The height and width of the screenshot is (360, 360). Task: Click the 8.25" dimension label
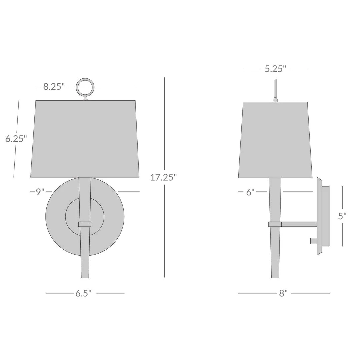coord(54,87)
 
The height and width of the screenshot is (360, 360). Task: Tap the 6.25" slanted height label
coord(16,139)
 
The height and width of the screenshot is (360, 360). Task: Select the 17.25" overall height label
coord(163,177)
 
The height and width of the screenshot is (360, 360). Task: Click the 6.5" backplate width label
coord(83,293)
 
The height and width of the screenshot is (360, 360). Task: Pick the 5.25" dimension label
coord(275,69)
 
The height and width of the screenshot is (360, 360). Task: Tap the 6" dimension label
coord(250,192)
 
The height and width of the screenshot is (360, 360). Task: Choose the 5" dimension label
coord(342,216)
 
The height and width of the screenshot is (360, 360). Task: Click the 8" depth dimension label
coord(283,293)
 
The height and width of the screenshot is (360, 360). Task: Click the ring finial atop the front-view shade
coord(85,87)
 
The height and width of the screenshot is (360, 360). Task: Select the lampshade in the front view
coord(85,139)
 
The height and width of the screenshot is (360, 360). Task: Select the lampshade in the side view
coord(275,140)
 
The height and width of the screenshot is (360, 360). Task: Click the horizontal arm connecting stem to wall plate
coord(299,224)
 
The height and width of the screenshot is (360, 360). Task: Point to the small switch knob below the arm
coord(313,241)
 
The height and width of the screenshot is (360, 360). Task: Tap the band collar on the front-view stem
coord(85,224)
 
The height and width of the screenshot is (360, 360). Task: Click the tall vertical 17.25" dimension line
coord(164,233)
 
